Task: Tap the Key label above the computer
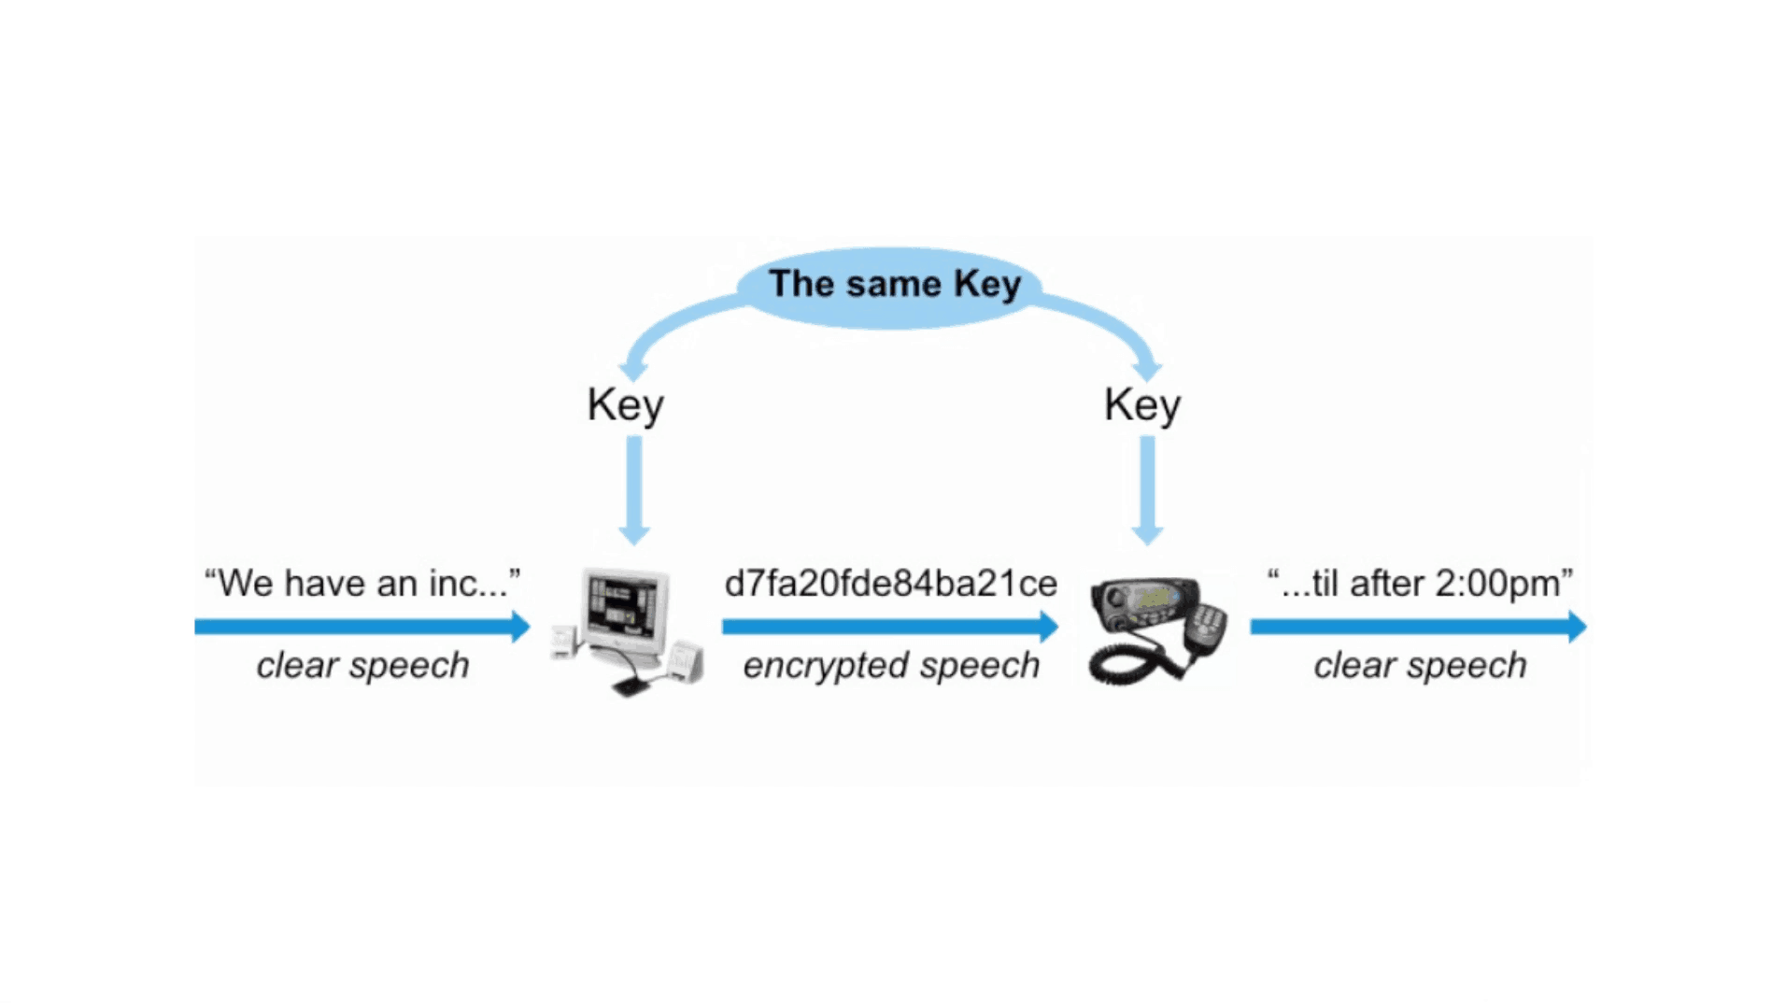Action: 625,405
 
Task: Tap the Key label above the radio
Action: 1141,405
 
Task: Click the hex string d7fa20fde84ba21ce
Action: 890,584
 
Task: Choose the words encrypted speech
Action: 891,666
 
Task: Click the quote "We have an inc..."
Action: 361,584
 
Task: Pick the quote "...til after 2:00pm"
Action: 1419,584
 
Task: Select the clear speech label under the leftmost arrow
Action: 362,666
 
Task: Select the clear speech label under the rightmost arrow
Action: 1419,666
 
